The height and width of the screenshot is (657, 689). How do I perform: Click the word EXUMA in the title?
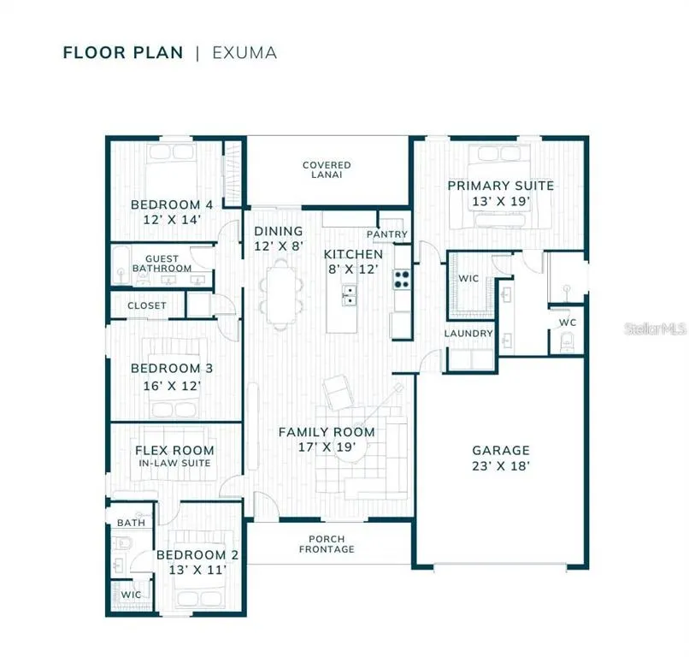click(x=244, y=53)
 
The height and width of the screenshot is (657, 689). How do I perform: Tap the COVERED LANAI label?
click(x=327, y=169)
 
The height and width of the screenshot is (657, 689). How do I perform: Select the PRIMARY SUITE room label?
click(x=501, y=186)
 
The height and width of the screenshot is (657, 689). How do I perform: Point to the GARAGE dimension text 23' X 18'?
click(x=501, y=465)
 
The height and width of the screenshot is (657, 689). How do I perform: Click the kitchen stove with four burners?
click(x=402, y=279)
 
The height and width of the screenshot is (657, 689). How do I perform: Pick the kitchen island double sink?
click(x=350, y=295)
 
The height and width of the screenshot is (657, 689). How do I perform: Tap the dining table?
click(x=281, y=293)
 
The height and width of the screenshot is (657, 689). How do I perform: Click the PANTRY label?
click(x=387, y=234)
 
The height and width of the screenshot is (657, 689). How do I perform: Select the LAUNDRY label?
click(x=468, y=334)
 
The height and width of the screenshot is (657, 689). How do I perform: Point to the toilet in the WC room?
click(x=567, y=342)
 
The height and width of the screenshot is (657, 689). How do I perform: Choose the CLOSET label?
click(x=147, y=305)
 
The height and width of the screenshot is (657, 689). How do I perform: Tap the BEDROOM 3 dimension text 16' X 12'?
click(x=172, y=386)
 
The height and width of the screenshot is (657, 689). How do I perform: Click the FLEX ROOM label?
click(x=175, y=450)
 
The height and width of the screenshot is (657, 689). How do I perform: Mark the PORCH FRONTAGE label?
click(x=327, y=544)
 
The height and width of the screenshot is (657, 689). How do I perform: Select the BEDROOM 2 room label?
click(x=197, y=555)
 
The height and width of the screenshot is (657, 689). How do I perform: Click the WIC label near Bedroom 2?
click(x=131, y=595)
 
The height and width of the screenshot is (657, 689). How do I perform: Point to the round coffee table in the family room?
click(x=350, y=449)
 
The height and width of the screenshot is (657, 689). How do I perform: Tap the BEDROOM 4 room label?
click(x=172, y=204)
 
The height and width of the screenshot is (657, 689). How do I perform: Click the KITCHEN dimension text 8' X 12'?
click(x=353, y=269)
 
